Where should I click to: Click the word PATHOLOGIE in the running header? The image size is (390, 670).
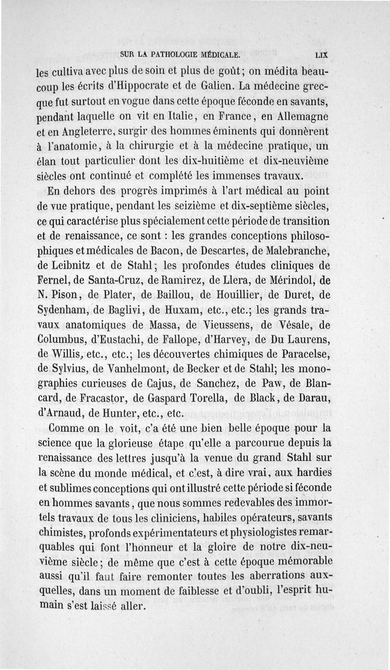click(172, 56)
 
